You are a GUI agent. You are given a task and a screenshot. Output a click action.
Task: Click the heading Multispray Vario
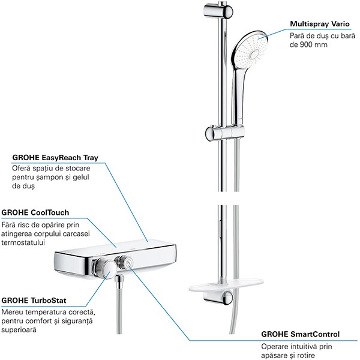[x=320, y=24]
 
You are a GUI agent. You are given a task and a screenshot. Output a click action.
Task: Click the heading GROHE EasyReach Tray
[x=55, y=158]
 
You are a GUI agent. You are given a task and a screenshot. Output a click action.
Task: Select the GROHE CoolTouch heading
[x=35, y=212]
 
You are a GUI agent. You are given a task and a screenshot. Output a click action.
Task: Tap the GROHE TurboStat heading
[x=34, y=301]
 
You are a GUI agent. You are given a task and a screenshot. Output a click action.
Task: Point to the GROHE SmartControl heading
[x=301, y=334]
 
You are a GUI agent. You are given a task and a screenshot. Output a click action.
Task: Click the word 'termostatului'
[x=23, y=242]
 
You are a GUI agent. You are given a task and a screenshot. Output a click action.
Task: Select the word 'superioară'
[x=19, y=329]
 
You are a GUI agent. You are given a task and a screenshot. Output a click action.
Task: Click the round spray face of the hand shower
[x=250, y=49]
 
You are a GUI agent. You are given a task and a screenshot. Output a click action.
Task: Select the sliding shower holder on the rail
[x=225, y=133]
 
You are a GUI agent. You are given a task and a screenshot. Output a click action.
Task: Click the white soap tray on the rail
[x=226, y=286]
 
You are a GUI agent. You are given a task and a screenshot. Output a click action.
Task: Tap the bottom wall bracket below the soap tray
[x=218, y=298]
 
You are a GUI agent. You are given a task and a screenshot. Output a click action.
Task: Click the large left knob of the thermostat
[x=104, y=268]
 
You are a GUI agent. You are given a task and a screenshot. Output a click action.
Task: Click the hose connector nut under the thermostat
[x=119, y=281]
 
